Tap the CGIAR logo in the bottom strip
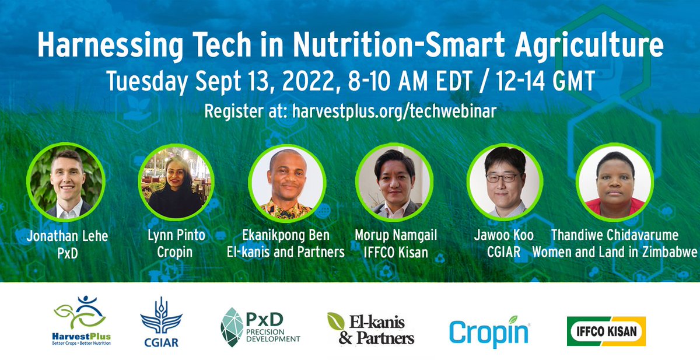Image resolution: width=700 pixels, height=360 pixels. [159, 322]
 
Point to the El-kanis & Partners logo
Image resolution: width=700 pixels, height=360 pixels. [370, 329]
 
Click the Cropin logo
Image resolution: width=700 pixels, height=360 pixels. [489, 330]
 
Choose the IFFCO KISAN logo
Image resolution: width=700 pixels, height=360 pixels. [606, 331]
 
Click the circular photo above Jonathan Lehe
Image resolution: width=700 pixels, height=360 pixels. [65, 182]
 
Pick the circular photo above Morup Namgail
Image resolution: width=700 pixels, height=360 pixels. [394, 182]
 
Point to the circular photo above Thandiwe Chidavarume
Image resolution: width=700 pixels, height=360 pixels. [614, 182]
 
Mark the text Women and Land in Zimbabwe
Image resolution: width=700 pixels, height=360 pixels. [615, 252]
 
